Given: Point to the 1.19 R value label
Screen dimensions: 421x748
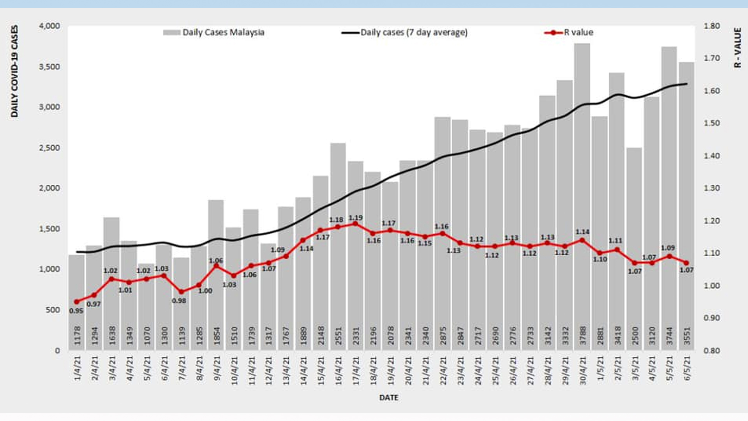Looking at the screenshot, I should (x=355, y=218).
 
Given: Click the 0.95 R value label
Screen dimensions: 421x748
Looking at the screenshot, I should (x=76, y=311).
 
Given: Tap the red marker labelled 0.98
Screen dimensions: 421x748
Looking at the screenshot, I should (x=181, y=292).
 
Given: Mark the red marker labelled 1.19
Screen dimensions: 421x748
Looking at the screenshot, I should (x=355, y=224).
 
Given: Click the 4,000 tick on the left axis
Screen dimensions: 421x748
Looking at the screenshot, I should (x=49, y=26).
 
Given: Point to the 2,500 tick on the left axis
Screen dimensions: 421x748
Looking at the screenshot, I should (x=49, y=148).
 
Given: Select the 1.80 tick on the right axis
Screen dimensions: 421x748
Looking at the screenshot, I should (x=711, y=26).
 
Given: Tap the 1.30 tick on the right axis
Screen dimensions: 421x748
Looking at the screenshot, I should (x=711, y=188).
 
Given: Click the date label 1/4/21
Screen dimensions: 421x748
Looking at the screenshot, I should (x=77, y=368).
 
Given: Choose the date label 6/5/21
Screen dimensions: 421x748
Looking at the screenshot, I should (x=687, y=368).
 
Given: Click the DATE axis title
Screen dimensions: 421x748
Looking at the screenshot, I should (x=388, y=398).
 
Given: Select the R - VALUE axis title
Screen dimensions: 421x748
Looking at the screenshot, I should (x=737, y=48).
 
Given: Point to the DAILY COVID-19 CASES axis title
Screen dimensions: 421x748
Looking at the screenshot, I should (x=14, y=71).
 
